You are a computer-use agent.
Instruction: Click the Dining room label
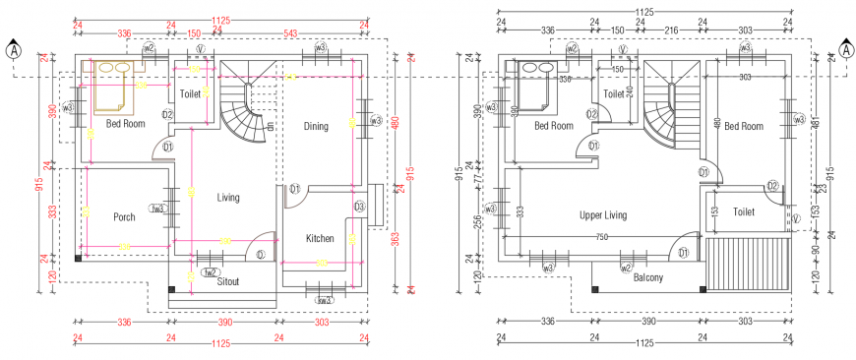pos(316,126)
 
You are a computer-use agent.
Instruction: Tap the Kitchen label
pos(320,238)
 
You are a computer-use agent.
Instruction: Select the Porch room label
pos(124,217)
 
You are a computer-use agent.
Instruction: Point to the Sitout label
pos(228,280)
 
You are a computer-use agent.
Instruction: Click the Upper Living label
pos(603,214)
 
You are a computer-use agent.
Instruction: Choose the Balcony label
pos(647,277)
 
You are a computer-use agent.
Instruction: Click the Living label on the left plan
pos(228,198)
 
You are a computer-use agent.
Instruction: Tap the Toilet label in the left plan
pos(190,94)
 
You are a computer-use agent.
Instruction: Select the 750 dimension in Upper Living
pos(601,236)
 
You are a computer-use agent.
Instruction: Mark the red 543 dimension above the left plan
pos(290,33)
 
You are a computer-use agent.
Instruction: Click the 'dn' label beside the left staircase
pos(270,126)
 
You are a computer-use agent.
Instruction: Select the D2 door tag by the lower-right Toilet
pos(773,186)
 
